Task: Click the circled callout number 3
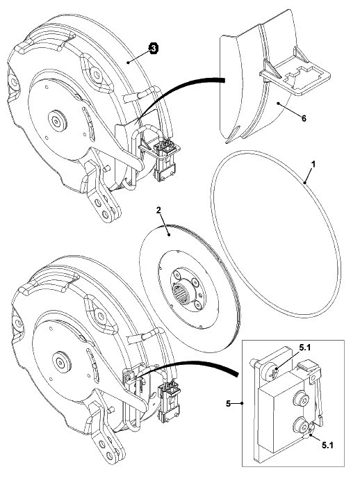click(x=154, y=49)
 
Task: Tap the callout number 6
click(x=304, y=117)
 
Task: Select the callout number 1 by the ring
click(x=313, y=164)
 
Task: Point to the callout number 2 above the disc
click(x=158, y=210)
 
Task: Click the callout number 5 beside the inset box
click(x=228, y=403)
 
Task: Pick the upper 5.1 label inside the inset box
click(x=305, y=348)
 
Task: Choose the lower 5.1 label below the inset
click(x=327, y=445)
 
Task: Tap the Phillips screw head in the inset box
click(x=271, y=371)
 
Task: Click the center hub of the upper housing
click(x=57, y=121)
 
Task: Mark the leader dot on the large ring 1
click(x=305, y=183)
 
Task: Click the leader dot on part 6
click(x=278, y=104)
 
